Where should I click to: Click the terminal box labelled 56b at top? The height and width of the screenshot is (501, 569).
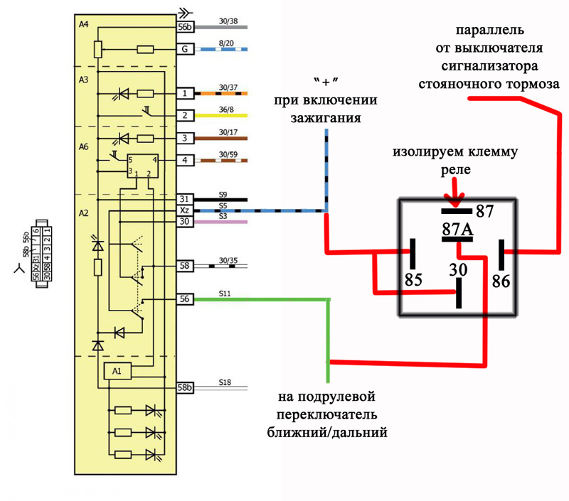[184, 27]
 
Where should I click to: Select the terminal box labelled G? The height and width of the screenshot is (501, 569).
[184, 50]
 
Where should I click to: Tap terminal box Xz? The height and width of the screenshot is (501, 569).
[184, 210]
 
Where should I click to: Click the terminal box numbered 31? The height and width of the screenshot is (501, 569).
[184, 200]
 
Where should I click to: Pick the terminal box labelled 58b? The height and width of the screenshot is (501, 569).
[184, 388]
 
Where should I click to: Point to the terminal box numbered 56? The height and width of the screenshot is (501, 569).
[184, 300]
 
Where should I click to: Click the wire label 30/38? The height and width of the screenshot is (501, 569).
[228, 21]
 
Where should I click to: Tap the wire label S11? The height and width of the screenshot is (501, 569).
[225, 293]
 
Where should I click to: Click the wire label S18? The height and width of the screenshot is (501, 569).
[225, 382]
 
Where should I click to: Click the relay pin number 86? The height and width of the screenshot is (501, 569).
[501, 281]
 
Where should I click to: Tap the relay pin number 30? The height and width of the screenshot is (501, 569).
[458, 269]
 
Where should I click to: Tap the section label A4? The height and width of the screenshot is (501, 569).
[83, 24]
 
